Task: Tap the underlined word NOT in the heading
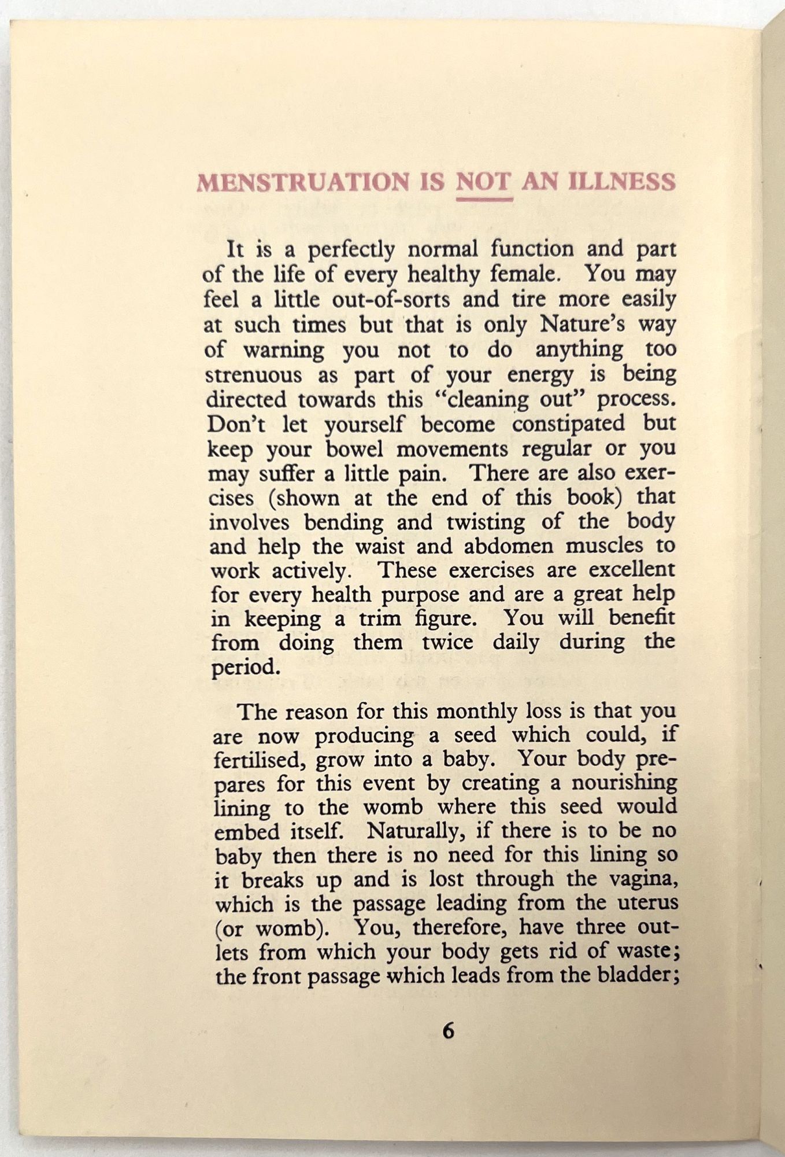483,182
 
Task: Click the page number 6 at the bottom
448,1031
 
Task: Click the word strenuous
254,375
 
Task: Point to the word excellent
632,570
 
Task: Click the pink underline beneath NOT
484,199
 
